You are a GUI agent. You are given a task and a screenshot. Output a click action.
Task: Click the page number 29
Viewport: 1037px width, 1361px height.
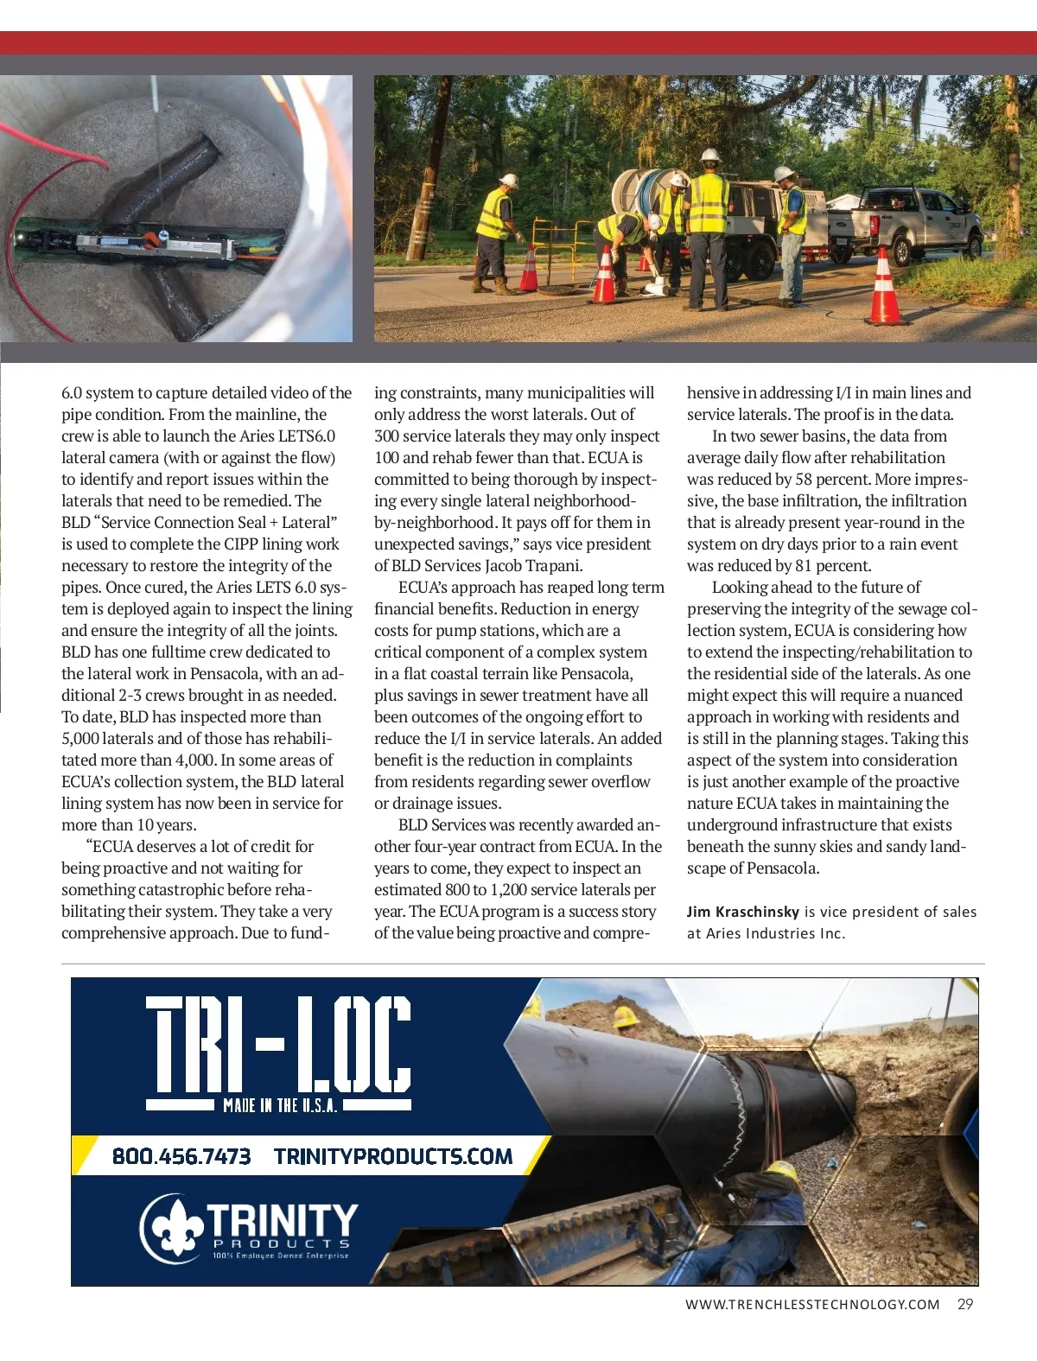[x=965, y=1305]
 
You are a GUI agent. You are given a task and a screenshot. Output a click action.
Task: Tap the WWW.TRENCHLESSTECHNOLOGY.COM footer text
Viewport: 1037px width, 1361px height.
[x=811, y=1305]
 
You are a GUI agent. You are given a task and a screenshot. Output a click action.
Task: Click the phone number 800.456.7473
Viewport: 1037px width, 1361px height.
[x=181, y=1156]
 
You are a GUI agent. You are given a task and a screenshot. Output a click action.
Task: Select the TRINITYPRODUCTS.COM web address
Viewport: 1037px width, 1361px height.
[x=393, y=1156]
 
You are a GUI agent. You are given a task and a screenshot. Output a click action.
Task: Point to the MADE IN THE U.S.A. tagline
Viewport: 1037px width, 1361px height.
[x=279, y=1105]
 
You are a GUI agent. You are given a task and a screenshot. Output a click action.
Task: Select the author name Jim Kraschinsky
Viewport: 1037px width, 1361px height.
[x=742, y=912]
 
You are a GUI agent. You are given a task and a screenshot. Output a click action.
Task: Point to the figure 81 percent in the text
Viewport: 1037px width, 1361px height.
[x=830, y=566]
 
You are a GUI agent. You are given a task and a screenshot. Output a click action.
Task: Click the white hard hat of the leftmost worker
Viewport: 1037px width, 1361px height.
[x=509, y=181]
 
